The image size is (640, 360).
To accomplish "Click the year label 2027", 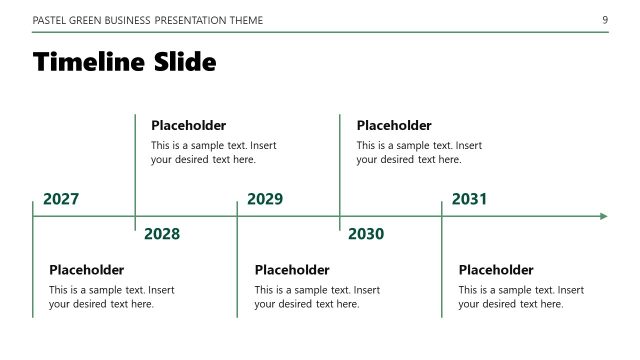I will coord(61,199).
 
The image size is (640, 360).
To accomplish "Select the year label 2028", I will coord(162,234).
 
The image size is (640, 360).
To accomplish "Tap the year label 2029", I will coord(265,199).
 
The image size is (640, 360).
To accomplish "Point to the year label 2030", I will coord(366,234).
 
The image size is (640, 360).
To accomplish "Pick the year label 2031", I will coord(469,199).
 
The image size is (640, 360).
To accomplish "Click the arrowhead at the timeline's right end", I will coord(602,216).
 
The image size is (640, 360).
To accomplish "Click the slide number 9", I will coord(605,20).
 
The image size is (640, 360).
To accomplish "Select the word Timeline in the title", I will coord(89,62).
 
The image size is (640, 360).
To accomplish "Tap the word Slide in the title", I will coord(184,62).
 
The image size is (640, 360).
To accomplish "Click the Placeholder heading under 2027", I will coord(87,270).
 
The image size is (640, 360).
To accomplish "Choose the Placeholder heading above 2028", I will coord(189,126).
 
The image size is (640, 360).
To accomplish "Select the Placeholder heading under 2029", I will coord(292,270).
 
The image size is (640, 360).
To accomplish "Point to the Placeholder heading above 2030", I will coord(394,126).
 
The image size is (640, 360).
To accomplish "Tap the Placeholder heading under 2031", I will coord(496,270).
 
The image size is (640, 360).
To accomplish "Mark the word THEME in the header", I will coord(243,20).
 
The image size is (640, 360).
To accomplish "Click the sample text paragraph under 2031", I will coord(521,297).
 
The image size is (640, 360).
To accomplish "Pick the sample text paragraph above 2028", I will coord(213,152).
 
